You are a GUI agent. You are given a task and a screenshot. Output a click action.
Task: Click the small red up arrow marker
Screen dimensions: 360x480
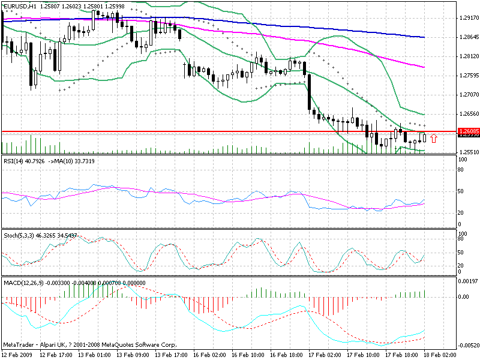434,139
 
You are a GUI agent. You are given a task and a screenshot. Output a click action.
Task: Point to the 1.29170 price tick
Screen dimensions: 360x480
467,18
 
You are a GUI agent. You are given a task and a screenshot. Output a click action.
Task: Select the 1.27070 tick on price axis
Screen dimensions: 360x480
467,95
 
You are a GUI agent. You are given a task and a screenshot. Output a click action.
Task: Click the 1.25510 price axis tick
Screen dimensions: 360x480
467,152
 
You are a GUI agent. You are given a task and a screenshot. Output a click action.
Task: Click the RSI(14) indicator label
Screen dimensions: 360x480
17,161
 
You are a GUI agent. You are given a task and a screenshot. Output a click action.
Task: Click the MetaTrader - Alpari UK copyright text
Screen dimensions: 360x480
90,345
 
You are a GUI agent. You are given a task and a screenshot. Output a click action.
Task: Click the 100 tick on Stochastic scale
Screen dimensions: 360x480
463,233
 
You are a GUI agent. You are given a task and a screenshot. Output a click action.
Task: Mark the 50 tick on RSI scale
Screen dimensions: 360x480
461,191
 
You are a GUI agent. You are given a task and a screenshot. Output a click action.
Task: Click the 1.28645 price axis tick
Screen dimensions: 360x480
467,37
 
